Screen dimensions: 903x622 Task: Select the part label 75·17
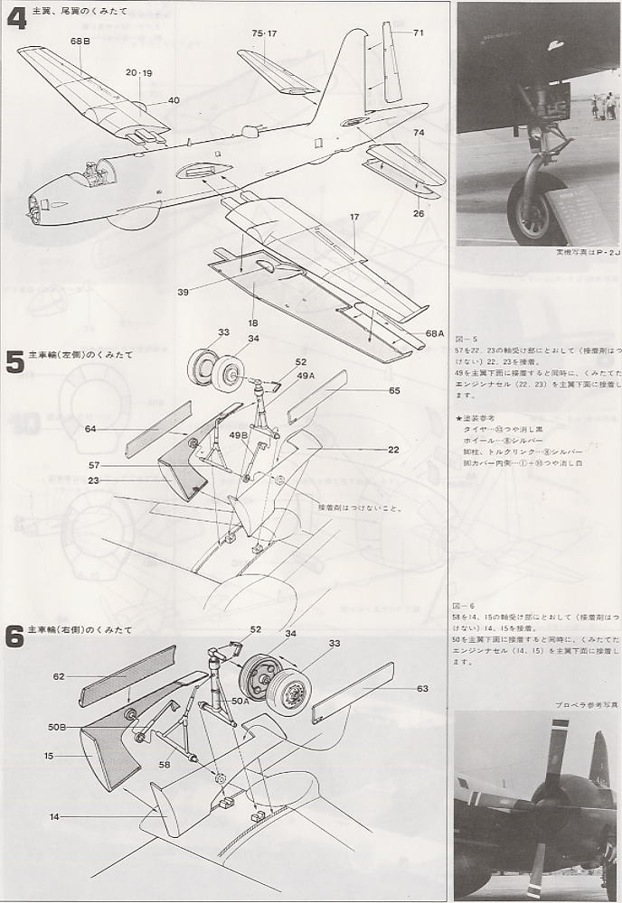point(265,33)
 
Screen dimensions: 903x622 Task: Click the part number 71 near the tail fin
point(418,33)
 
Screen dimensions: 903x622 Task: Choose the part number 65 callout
point(394,390)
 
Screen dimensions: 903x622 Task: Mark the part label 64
point(90,429)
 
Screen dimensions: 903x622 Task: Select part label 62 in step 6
point(60,675)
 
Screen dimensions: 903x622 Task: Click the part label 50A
point(239,700)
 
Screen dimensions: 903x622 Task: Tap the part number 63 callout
point(421,688)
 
